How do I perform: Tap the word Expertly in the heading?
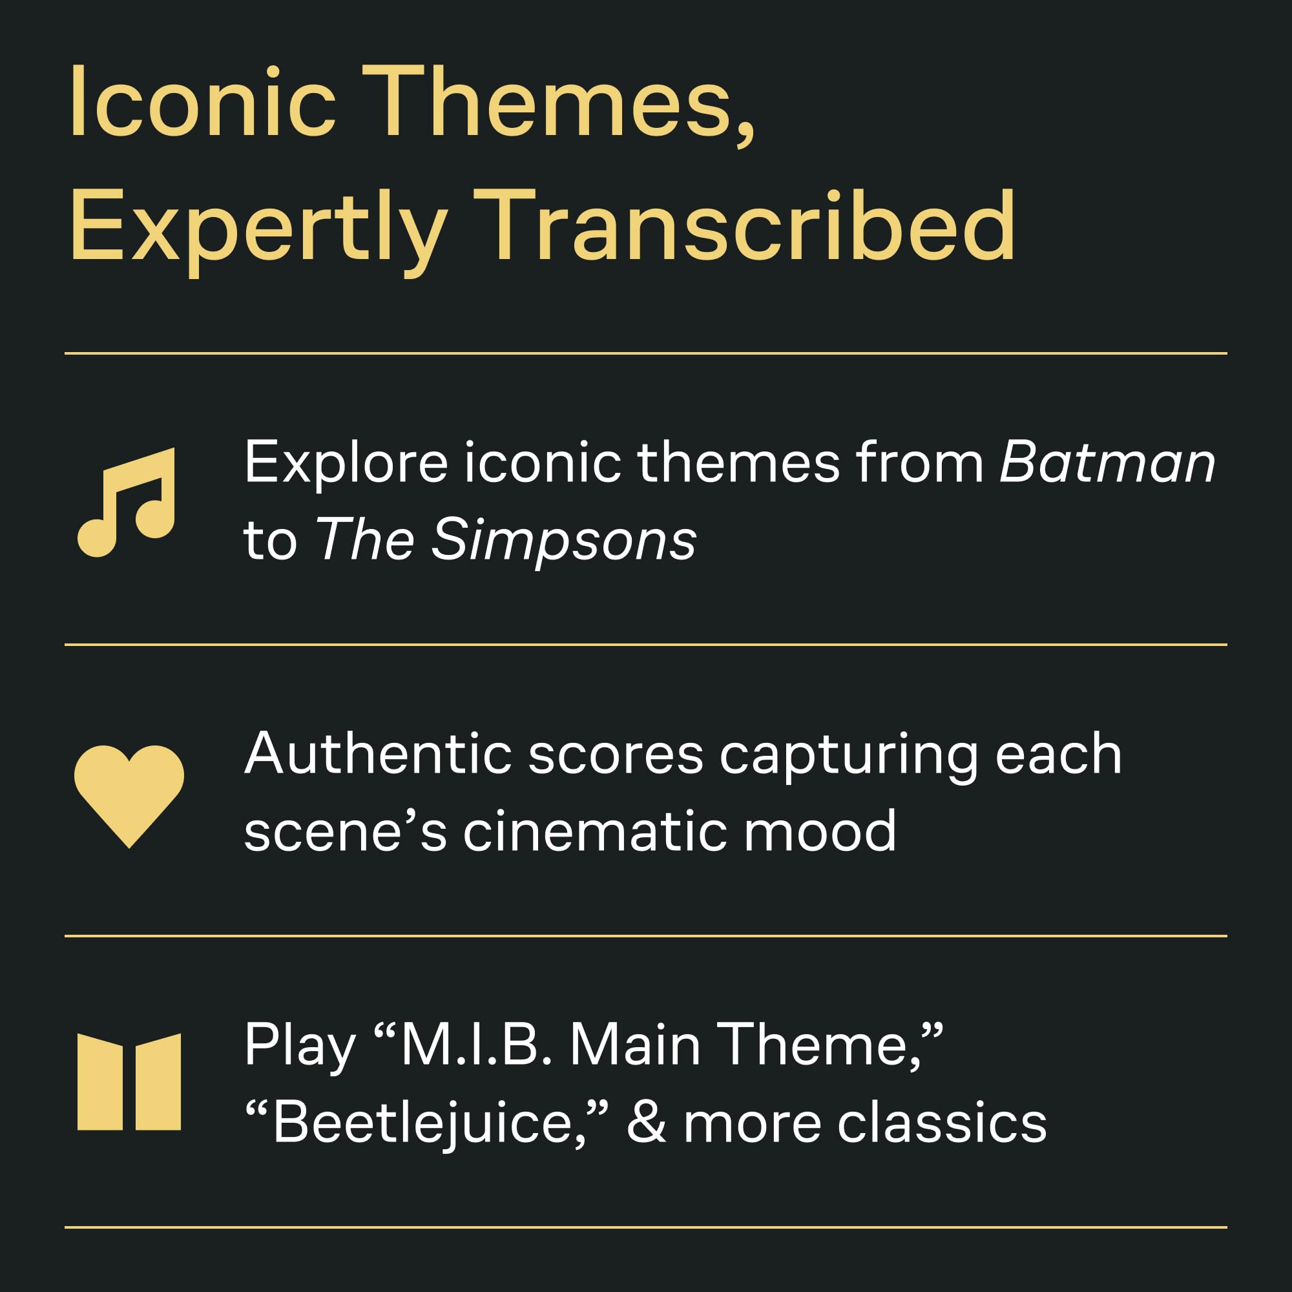tap(258, 231)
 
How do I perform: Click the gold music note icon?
tap(127, 501)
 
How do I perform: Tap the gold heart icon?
tap(129, 796)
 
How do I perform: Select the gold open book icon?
tap(129, 1082)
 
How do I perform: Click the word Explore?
tap(346, 463)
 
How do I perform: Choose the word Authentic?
tap(379, 754)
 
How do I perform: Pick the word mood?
tap(820, 832)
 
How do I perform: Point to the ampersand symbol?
tap(646, 1123)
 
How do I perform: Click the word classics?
tap(942, 1123)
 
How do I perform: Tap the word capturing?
tap(849, 757)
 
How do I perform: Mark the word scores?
tap(615, 756)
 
